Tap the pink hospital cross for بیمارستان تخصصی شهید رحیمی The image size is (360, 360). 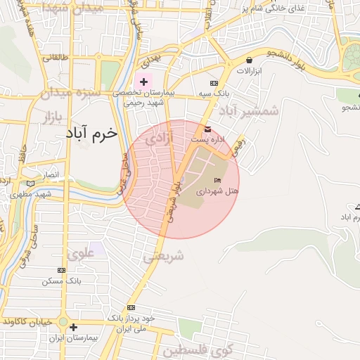[x=144, y=82]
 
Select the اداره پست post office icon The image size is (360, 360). [x=207, y=129]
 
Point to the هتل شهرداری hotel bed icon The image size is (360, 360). [x=217, y=181]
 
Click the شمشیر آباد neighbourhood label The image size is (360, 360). [x=249, y=110]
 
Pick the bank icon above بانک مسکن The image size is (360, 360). [x=62, y=270]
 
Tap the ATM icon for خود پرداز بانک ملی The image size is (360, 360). [x=131, y=308]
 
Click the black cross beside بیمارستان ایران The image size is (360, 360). [x=73, y=327]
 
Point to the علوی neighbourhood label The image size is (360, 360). [x=81, y=254]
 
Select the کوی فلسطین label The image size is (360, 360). [x=192, y=349]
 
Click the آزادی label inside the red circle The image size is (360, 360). [x=158, y=140]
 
